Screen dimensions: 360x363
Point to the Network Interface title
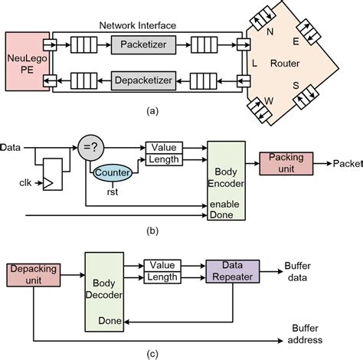pos(137,25)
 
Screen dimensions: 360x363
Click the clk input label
pos(13,184)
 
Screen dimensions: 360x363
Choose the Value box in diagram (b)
pos(163,147)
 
